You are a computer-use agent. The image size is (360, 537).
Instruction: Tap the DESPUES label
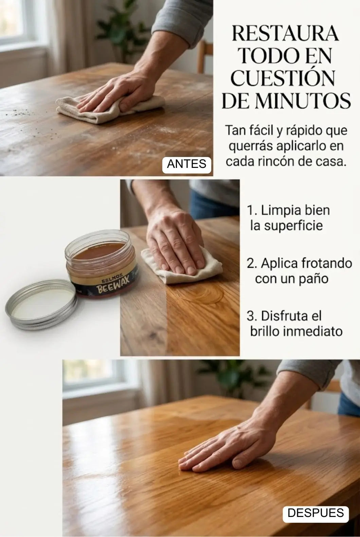click(x=316, y=513)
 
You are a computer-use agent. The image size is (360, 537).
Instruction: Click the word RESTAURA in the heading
click(x=285, y=34)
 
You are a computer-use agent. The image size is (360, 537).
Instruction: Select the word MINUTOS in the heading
click(x=303, y=101)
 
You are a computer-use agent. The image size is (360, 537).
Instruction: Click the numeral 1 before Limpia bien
click(x=250, y=210)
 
